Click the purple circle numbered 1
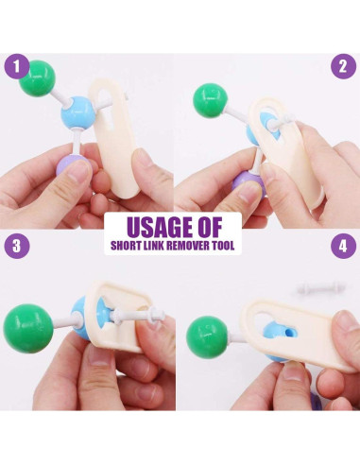[x=17, y=66]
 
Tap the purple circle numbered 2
[x=343, y=66]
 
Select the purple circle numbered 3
[x=17, y=246]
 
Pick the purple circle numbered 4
[x=343, y=246]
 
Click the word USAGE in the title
[x=157, y=227]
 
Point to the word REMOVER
[x=187, y=246]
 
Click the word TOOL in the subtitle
[x=223, y=246]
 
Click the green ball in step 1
[x=38, y=78]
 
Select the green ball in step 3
[x=27, y=329]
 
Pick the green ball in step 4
[x=207, y=336]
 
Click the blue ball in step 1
[x=77, y=112]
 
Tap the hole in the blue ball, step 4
[x=288, y=333]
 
